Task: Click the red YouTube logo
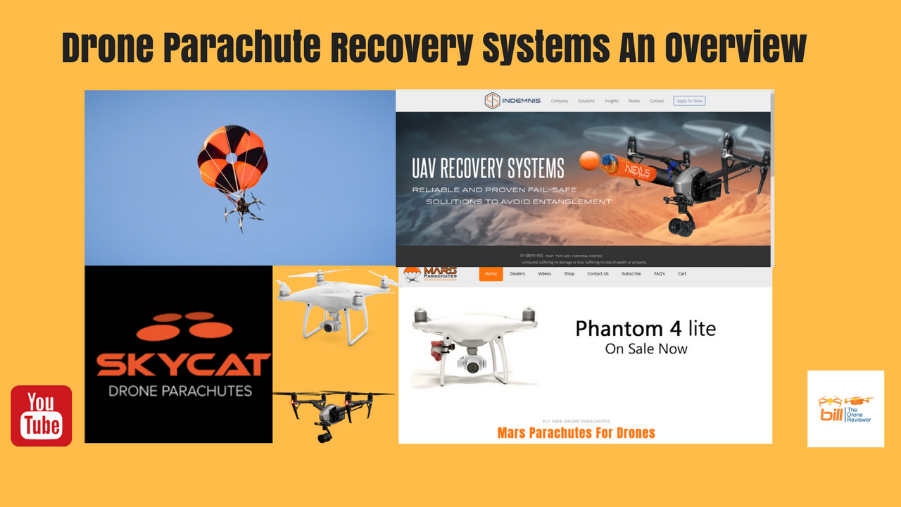coord(42,415)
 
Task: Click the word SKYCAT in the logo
coord(183,364)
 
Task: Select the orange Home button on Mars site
coord(491,274)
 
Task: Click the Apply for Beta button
coord(688,101)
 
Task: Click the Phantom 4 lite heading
coord(645,328)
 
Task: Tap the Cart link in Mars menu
coord(681,274)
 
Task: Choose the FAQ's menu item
coord(659,274)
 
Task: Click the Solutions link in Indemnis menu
coord(586,101)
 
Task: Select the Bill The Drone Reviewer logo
coord(845,408)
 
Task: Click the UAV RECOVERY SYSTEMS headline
coord(488,168)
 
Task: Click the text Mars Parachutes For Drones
coord(576,432)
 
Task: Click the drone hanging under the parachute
coord(244,209)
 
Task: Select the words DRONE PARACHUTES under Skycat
coord(180,390)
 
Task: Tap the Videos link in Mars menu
coord(544,274)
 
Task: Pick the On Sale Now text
coord(646,349)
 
